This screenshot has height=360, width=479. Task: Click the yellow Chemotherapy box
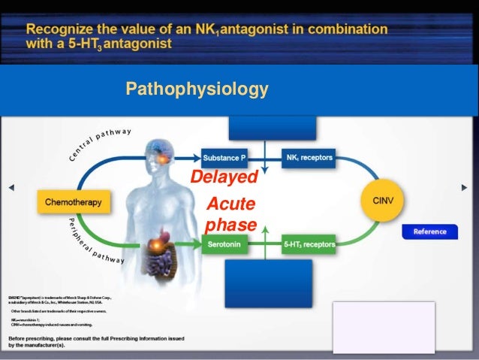(73, 202)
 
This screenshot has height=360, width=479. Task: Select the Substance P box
(224, 158)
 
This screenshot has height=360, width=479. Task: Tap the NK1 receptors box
(309, 158)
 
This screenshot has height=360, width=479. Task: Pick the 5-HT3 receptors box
(309, 244)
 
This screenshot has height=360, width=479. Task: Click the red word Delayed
(223, 177)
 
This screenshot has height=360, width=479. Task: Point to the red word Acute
(230, 204)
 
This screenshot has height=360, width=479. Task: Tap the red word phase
(230, 225)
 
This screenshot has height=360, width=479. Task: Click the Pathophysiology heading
(197, 90)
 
